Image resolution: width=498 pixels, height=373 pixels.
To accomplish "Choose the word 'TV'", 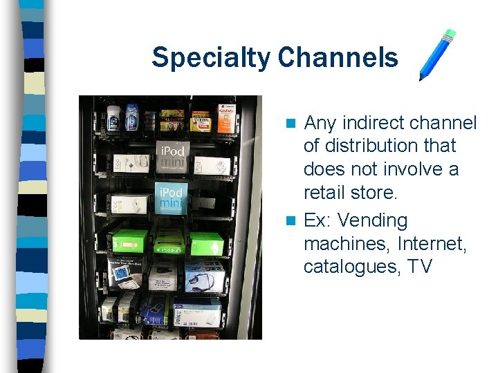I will [x=419, y=267].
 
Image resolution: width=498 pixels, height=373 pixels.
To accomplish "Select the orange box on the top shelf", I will [x=226, y=119].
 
